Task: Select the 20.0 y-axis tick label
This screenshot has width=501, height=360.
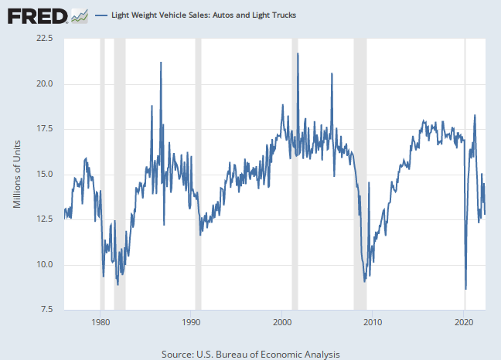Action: click(x=43, y=83)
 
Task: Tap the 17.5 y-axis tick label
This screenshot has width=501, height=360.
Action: click(x=43, y=129)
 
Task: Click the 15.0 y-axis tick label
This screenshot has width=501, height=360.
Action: click(x=43, y=174)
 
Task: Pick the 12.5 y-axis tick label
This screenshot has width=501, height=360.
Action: click(x=43, y=219)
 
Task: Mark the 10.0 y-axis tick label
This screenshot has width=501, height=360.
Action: click(x=43, y=265)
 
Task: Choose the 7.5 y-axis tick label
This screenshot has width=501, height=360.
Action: click(x=44, y=310)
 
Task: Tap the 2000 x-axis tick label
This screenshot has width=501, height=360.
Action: click(x=281, y=322)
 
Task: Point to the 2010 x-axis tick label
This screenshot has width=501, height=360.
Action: click(x=373, y=322)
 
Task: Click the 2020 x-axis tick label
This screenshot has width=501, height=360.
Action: click(x=463, y=322)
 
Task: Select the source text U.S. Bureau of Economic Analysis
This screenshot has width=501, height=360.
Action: click(x=250, y=353)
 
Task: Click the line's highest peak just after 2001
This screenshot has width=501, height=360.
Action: click(x=298, y=53)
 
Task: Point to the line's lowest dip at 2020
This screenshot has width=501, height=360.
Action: click(x=465, y=289)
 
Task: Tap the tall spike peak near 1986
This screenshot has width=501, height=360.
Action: click(x=161, y=62)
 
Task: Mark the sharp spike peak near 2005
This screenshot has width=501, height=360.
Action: click(x=332, y=73)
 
